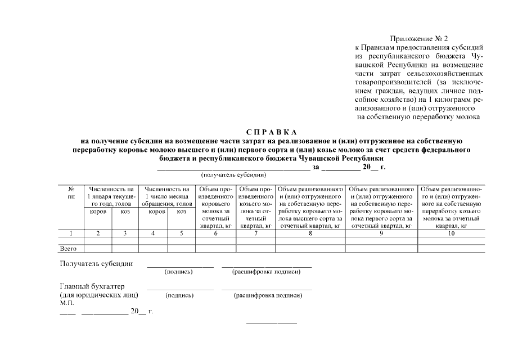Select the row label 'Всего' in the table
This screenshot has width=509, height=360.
click(x=68, y=248)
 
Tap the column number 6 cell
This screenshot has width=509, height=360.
click(x=215, y=233)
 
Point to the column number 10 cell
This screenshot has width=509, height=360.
click(x=451, y=233)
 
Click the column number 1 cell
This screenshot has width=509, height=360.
click(x=71, y=233)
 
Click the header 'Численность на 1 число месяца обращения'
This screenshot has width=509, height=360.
click(x=167, y=197)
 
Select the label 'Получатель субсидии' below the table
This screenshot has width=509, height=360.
click(x=96, y=263)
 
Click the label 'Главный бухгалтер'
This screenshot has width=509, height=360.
click(x=92, y=286)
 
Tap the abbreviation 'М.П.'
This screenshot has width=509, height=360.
click(x=67, y=303)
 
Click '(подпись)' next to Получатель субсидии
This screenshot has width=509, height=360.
click(x=179, y=272)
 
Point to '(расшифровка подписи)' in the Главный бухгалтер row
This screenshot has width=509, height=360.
click(x=267, y=295)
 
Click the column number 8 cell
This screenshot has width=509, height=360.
click(x=310, y=233)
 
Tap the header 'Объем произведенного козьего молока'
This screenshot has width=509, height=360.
click(x=255, y=207)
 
